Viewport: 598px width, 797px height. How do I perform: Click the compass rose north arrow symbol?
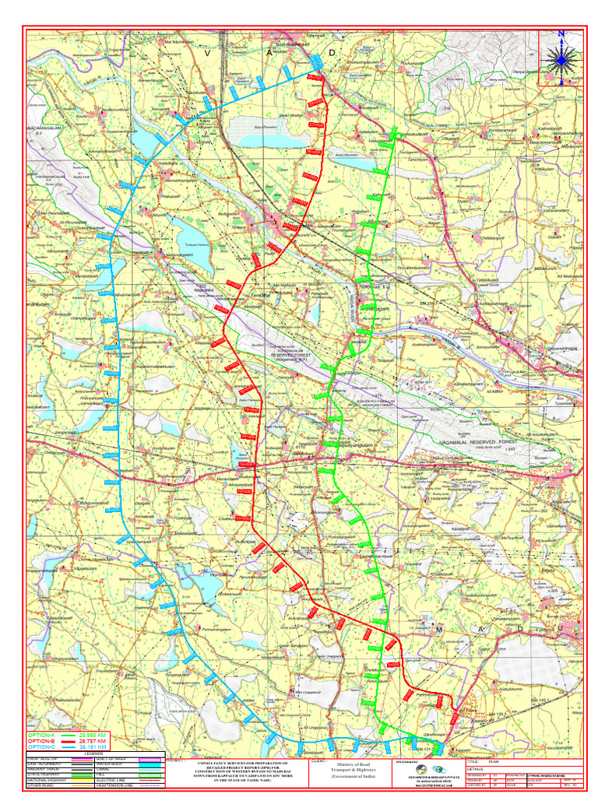[x=561, y=57]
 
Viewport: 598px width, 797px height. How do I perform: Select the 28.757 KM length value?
[x=92, y=741]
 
